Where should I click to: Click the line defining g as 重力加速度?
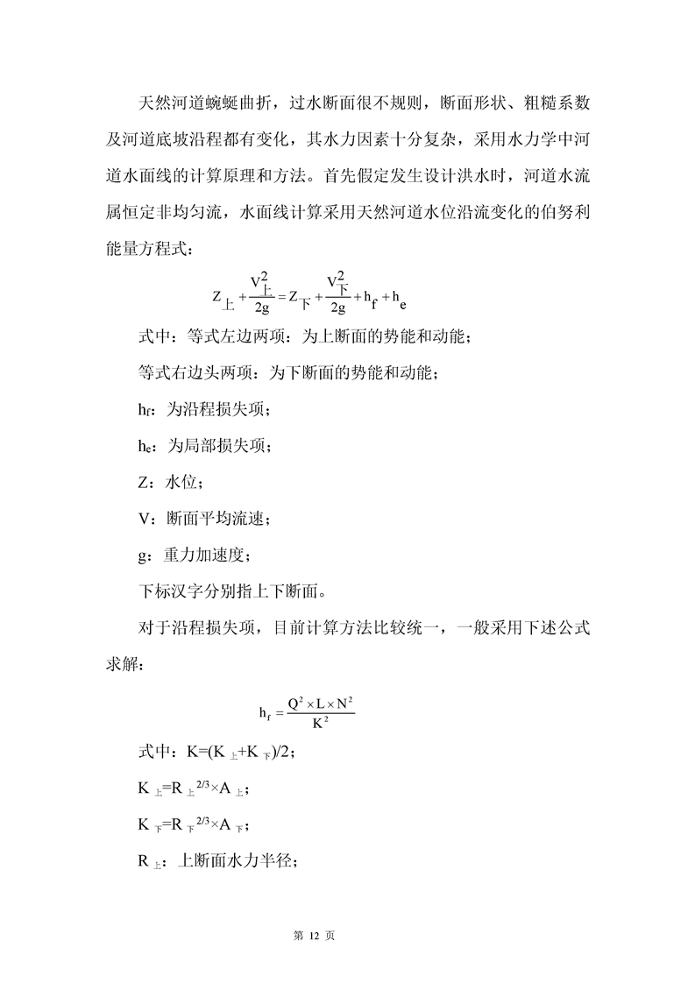coord(197,555)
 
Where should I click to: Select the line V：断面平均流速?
coord(203,519)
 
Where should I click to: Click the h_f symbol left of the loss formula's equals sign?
coord(264,714)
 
